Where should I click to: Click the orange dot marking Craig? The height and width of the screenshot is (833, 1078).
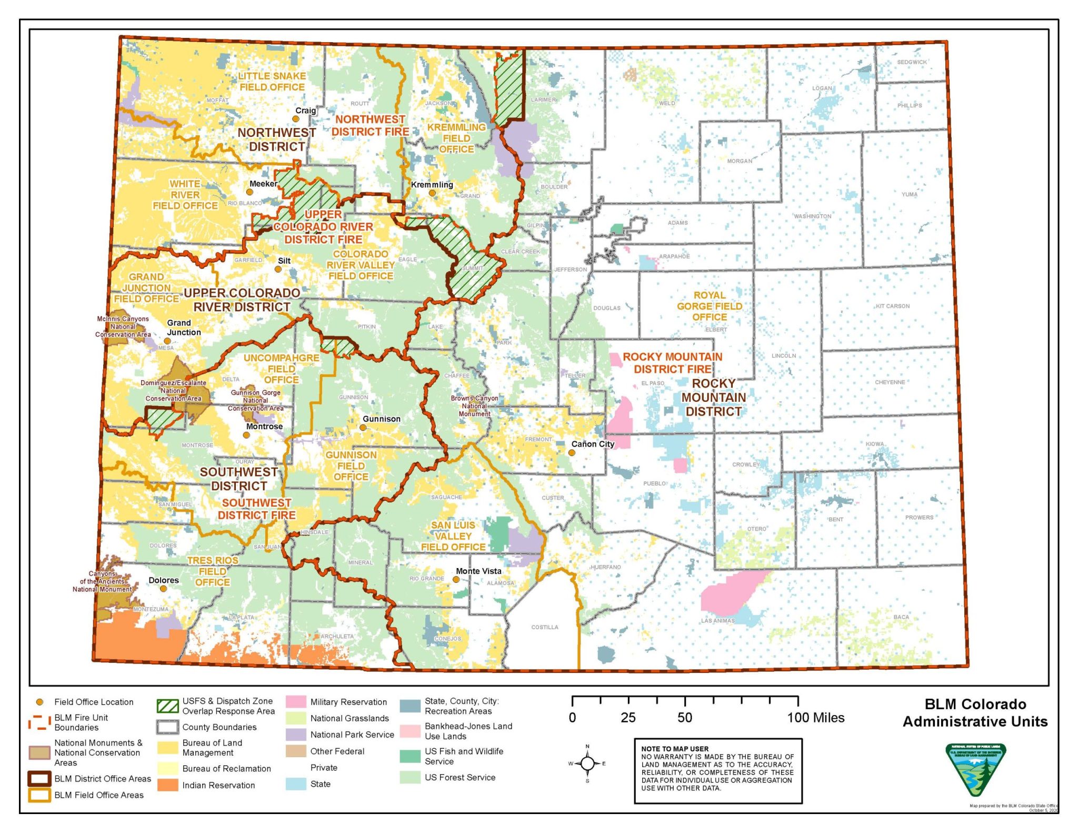(x=296, y=119)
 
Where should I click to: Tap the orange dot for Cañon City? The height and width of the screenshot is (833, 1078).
(x=572, y=452)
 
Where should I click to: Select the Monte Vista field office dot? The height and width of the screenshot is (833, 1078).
(x=456, y=579)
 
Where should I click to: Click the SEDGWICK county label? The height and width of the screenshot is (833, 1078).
(x=912, y=62)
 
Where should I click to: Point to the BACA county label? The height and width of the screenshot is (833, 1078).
(x=901, y=617)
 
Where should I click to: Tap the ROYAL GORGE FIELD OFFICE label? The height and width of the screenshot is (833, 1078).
(x=709, y=306)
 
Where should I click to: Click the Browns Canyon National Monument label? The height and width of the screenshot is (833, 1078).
(x=474, y=405)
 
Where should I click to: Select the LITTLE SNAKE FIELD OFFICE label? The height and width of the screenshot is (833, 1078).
(x=272, y=82)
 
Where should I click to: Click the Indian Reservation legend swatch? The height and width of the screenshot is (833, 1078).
(x=167, y=785)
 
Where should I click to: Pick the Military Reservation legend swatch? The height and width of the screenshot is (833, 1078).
(x=296, y=701)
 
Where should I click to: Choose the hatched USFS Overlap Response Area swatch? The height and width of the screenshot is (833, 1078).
(x=167, y=706)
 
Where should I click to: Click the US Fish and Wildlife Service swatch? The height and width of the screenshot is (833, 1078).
(x=410, y=756)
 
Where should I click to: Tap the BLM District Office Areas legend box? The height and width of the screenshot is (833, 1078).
(x=39, y=778)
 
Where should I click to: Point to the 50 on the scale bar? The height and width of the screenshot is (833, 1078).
(x=684, y=717)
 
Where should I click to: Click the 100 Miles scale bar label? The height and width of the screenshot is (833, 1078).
(x=815, y=717)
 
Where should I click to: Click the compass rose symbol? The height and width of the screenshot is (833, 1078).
(x=587, y=763)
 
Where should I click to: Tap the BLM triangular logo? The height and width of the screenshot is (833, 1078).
(x=975, y=768)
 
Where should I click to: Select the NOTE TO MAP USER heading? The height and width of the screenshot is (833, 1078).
(x=674, y=748)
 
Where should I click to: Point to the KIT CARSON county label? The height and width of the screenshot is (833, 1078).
(x=892, y=306)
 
